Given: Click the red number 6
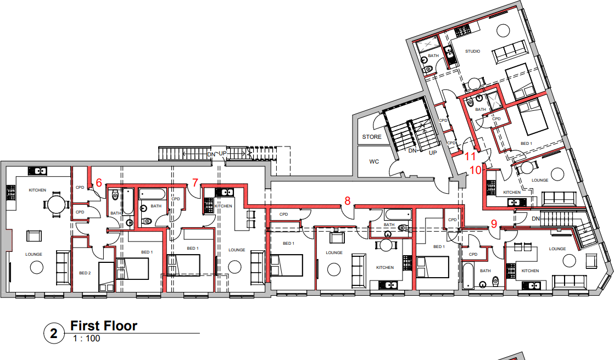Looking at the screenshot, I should [x=99, y=183].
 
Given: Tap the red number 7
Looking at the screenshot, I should [x=195, y=182].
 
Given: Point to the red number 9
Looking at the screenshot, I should [x=493, y=223].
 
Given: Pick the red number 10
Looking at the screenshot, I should [x=476, y=170].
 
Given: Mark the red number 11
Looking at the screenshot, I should [x=470, y=157].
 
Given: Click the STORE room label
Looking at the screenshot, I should [x=372, y=137].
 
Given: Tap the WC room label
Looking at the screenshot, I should [x=374, y=162].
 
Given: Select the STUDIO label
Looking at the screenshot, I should [x=472, y=51].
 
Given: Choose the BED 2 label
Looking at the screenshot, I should [x=85, y=273].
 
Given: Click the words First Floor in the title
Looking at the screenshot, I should [x=104, y=326].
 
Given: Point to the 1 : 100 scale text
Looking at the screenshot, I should [x=87, y=339].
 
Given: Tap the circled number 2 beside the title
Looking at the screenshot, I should [x=54, y=333].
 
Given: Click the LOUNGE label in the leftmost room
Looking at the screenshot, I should [x=34, y=254].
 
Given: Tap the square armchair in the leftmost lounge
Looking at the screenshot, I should [x=34, y=236].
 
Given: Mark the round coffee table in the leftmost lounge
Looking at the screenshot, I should [x=37, y=267].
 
